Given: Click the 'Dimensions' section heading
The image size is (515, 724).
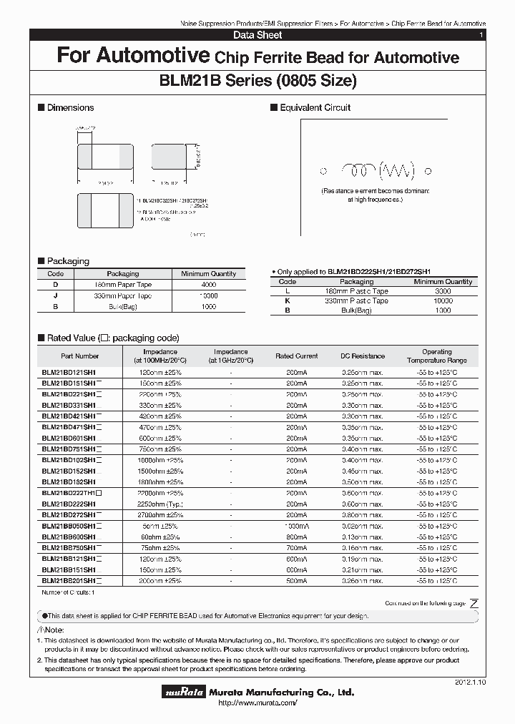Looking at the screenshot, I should point(69,107).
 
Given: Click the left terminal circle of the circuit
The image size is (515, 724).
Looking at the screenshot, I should point(323,171).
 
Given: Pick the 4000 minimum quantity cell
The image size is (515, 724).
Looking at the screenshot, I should point(208,285).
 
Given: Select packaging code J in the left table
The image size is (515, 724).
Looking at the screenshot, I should point(55,295).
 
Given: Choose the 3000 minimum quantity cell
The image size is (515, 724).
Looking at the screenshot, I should point(443,291).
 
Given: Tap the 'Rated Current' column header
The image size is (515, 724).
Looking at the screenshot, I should point(296,356).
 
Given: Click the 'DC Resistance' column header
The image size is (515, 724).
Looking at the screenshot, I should point(362,356).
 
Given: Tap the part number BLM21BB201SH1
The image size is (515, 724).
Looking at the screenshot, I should point(69,581).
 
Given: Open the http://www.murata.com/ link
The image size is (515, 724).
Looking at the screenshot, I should point(257,704).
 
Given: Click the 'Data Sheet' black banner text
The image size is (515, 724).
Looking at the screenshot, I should point(257,35).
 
